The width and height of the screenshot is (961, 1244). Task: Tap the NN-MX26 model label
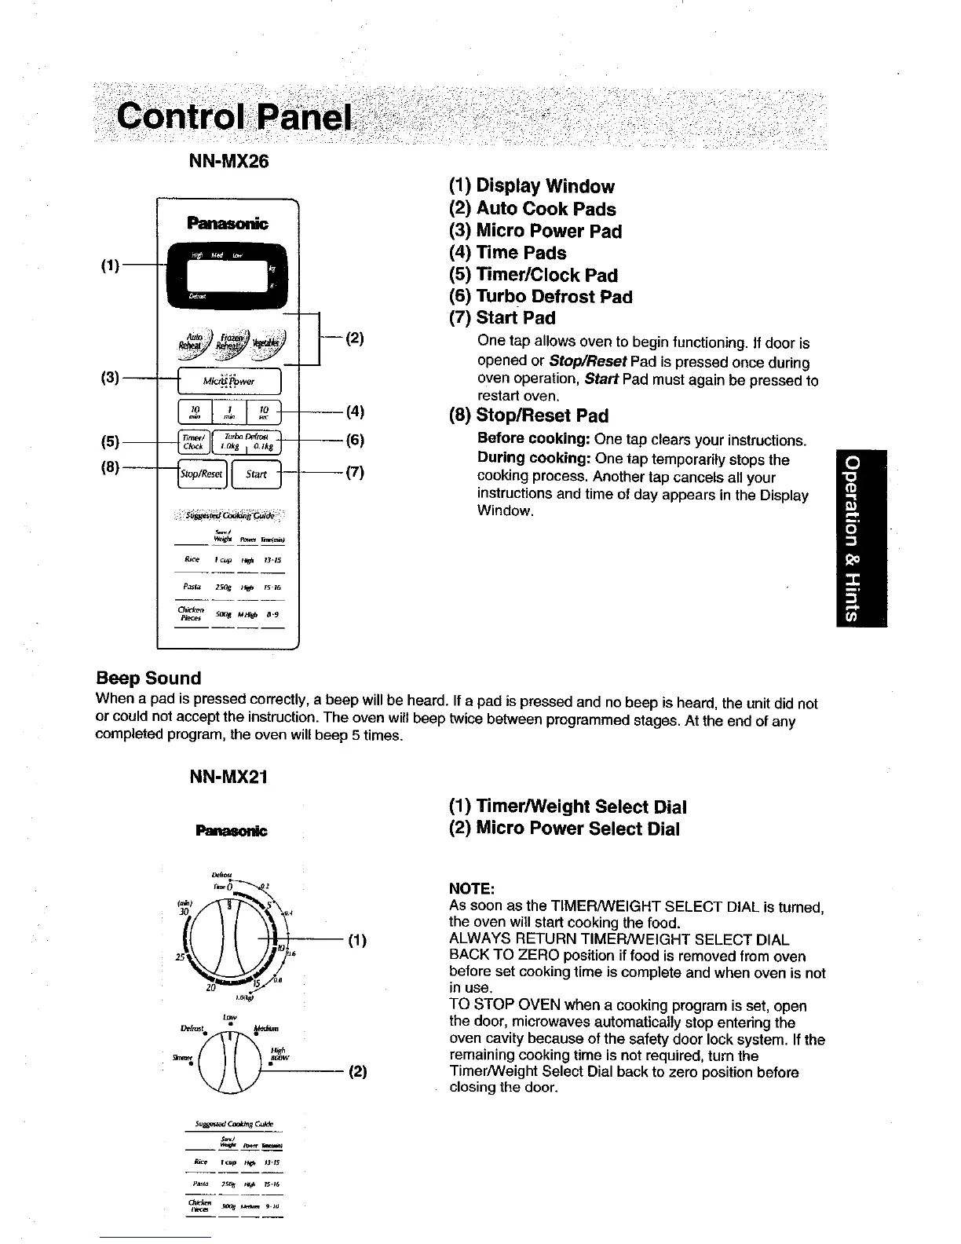pyautogui.click(x=228, y=162)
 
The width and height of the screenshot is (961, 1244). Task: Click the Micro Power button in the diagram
pyautogui.click(x=228, y=381)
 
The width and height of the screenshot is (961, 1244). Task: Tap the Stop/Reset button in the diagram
pyautogui.click(x=203, y=474)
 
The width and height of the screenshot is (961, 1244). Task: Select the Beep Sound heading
pyautogui.click(x=148, y=678)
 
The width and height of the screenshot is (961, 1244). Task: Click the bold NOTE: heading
pyautogui.click(x=471, y=888)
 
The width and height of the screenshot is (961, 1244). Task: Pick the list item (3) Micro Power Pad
pyautogui.click(x=535, y=231)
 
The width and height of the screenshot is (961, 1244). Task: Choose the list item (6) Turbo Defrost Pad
pyautogui.click(x=540, y=297)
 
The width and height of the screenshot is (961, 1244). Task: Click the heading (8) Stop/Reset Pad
pyautogui.click(x=528, y=415)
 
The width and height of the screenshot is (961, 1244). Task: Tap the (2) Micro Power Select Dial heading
pyautogui.click(x=564, y=829)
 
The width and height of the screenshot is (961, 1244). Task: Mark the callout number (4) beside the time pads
pyautogui.click(x=355, y=411)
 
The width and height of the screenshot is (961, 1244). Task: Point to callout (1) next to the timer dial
pyautogui.click(x=357, y=940)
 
